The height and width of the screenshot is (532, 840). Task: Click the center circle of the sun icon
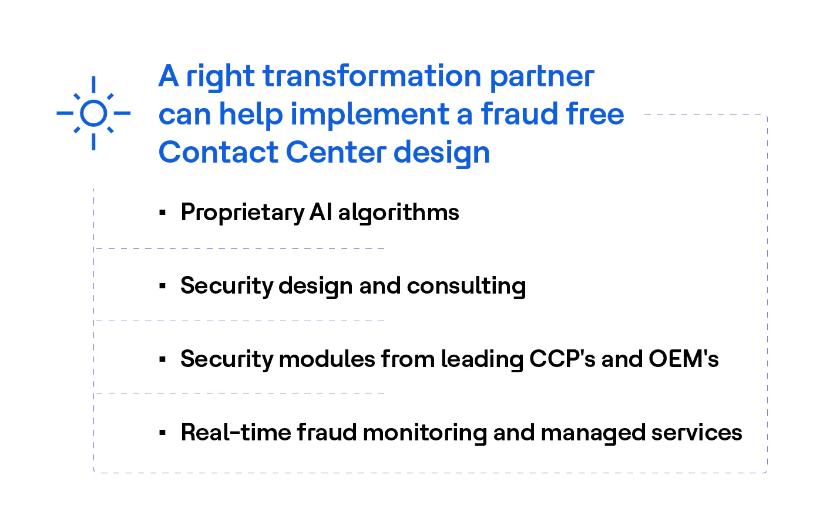[x=93, y=113]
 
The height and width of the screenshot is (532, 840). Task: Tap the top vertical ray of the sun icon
[x=93, y=84]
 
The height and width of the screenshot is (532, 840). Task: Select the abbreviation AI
[x=321, y=212]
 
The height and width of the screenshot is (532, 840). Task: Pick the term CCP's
[x=562, y=359]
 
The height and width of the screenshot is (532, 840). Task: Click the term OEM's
[x=683, y=359]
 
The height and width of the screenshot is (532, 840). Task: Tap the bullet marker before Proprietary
[x=163, y=213]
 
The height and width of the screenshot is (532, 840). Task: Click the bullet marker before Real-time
[x=163, y=433]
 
